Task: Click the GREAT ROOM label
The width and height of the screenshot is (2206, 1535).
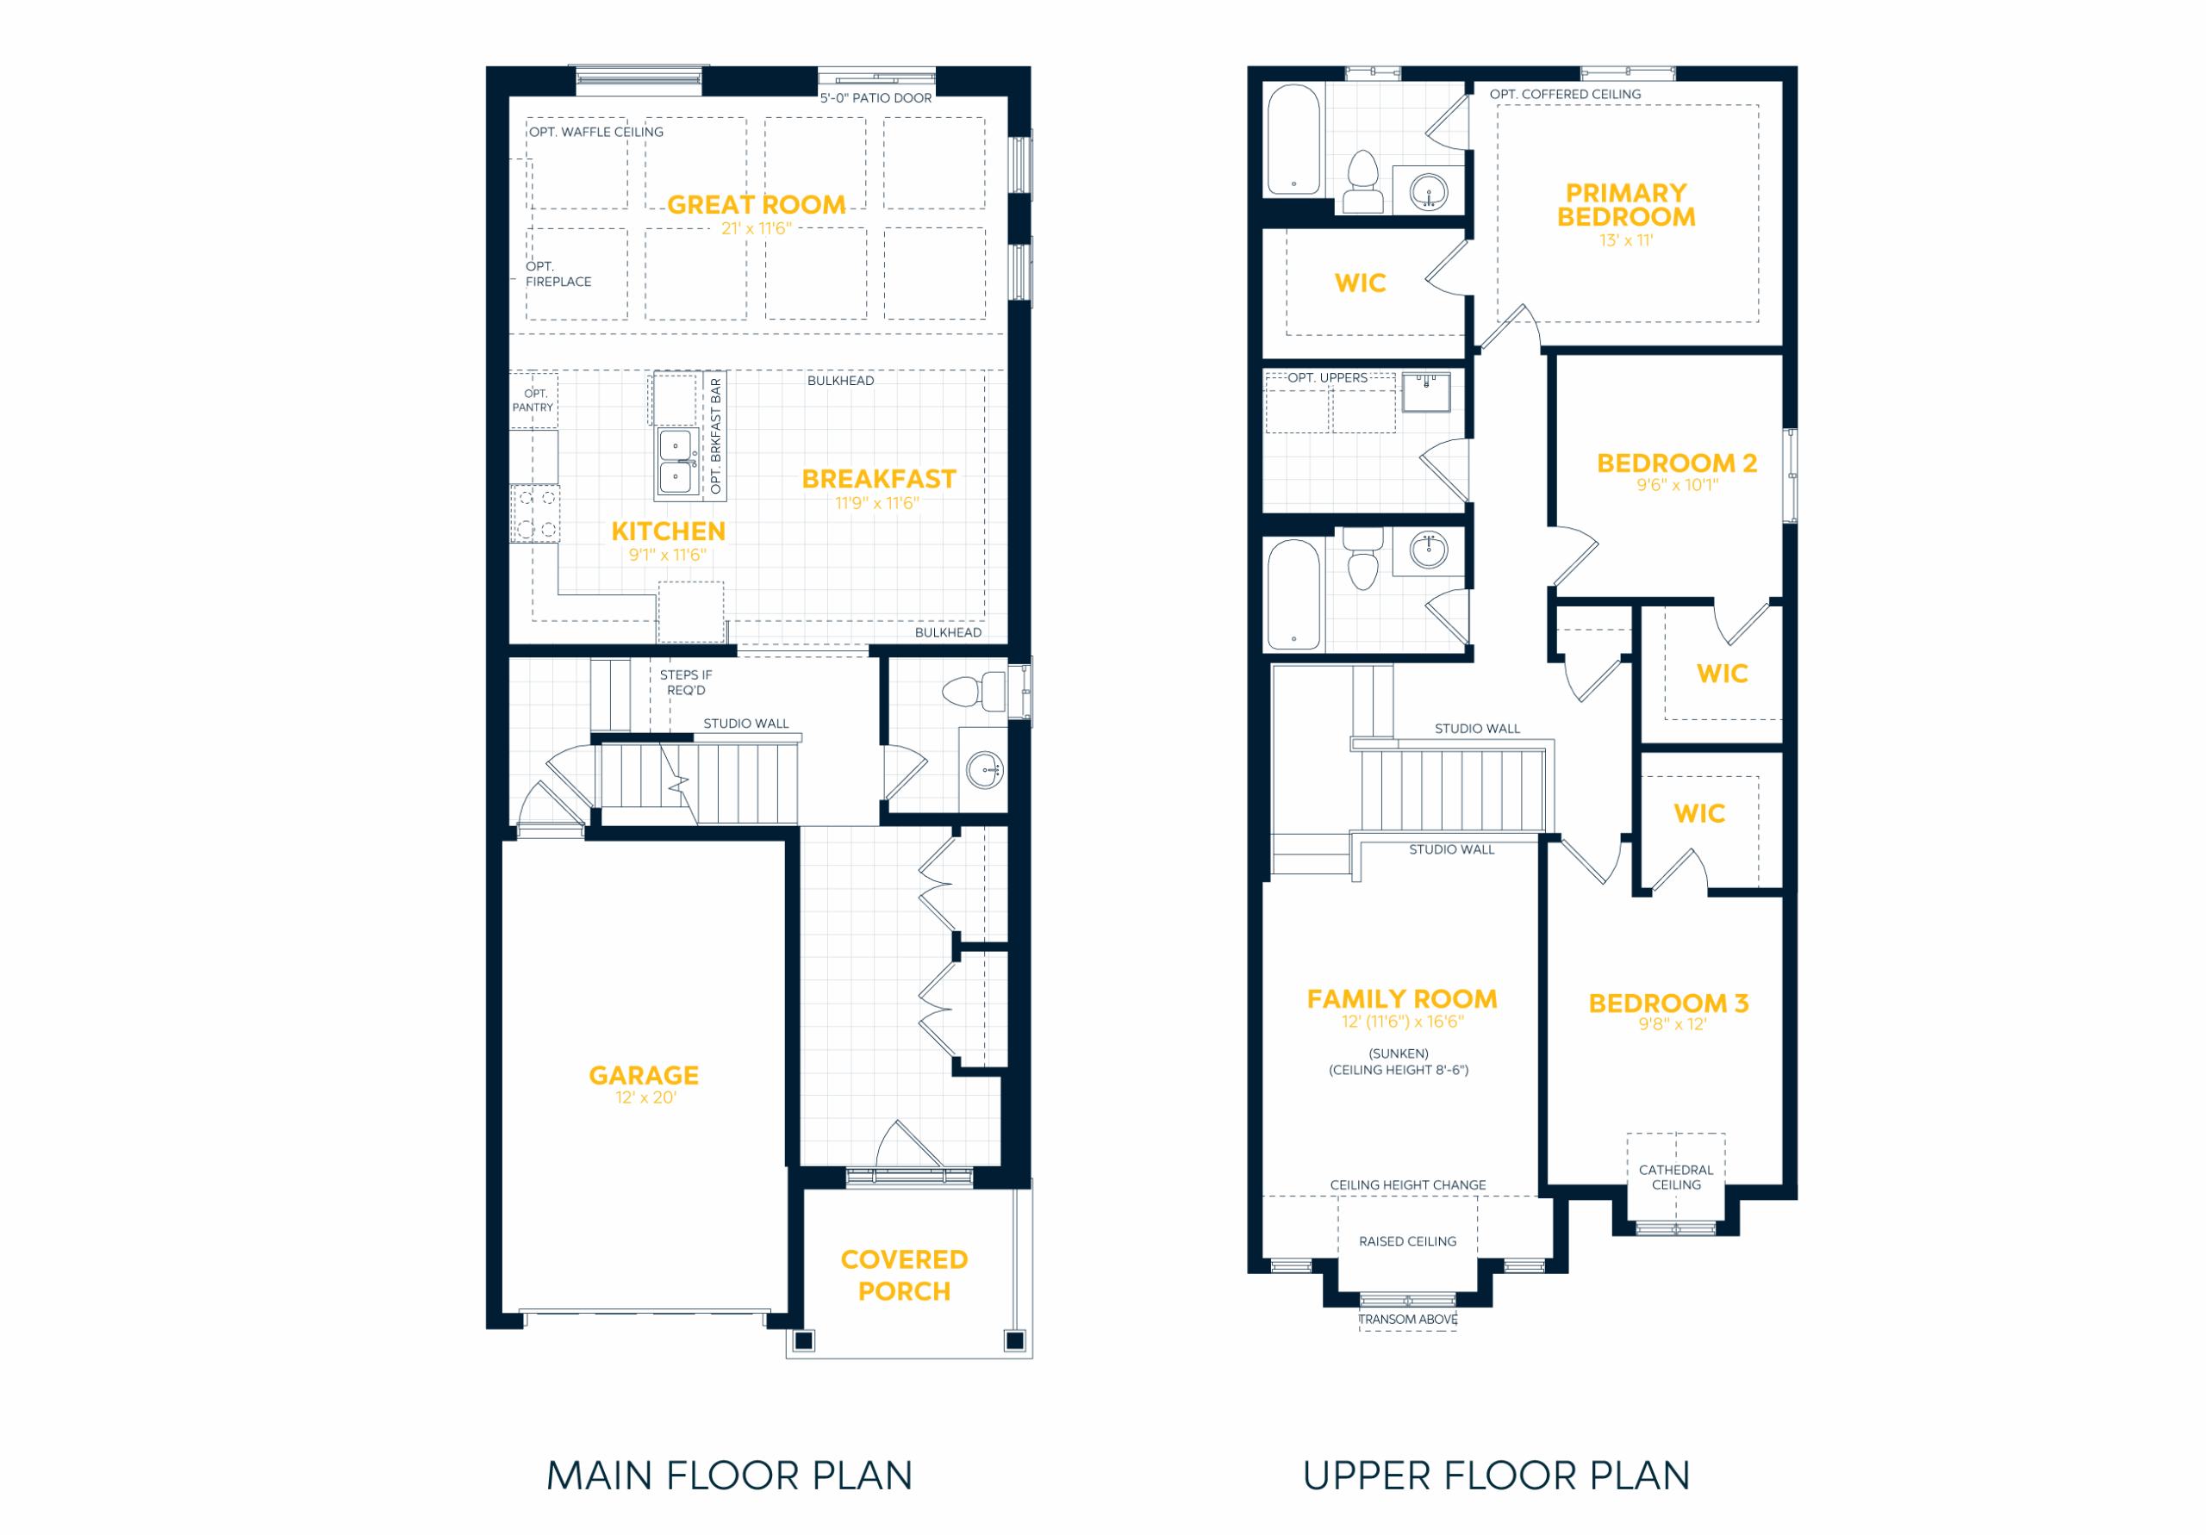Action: [x=756, y=205]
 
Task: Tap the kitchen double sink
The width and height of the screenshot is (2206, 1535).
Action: [x=677, y=461]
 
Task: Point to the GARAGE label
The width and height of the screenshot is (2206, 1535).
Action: [x=644, y=1075]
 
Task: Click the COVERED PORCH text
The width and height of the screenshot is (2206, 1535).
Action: [x=904, y=1275]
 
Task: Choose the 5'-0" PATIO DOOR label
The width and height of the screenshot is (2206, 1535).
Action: [x=876, y=98]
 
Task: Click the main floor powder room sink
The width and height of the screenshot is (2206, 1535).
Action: [x=985, y=769]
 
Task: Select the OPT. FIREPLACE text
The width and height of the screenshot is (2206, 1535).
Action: [x=558, y=274]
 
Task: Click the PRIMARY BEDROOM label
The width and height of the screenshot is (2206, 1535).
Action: [x=1626, y=205]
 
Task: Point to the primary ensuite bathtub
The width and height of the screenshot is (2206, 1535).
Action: [x=1293, y=140]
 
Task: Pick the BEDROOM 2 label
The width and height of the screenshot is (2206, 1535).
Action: [x=1677, y=463]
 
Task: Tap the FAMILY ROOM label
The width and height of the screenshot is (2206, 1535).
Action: [x=1402, y=999]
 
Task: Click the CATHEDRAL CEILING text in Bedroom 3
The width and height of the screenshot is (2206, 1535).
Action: [x=1676, y=1177]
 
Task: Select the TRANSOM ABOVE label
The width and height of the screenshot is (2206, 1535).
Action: [x=1407, y=1319]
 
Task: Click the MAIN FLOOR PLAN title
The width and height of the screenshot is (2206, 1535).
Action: [x=729, y=1476]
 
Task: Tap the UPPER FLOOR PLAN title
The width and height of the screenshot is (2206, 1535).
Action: [x=1496, y=1476]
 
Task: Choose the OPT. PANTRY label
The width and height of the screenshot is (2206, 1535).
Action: [x=533, y=401]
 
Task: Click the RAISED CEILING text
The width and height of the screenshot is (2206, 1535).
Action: [x=1407, y=1241]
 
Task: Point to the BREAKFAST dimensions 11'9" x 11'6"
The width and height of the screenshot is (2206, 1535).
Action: [x=877, y=502]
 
